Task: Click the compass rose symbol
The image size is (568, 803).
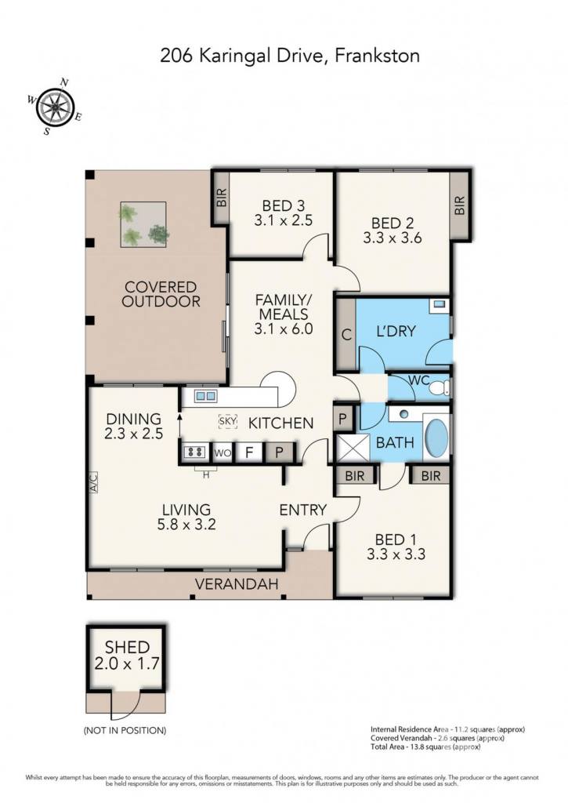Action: [x=54, y=107]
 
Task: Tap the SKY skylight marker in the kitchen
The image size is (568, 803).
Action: [x=228, y=421]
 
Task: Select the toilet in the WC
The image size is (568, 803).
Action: [x=440, y=387]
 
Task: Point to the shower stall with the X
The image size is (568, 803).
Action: [x=352, y=448]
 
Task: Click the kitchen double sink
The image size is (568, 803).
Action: [x=205, y=395]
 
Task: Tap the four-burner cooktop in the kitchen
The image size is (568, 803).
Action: [x=196, y=452]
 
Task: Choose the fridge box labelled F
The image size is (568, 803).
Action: [x=249, y=452]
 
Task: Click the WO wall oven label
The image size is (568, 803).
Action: [x=222, y=452]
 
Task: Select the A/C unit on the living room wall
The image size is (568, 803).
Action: [x=92, y=482]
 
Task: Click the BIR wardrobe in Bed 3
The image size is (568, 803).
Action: [x=221, y=197]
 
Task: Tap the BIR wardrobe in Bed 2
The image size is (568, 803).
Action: [x=460, y=205]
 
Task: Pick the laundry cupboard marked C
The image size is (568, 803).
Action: [x=346, y=334]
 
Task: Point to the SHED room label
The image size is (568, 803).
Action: [x=127, y=647]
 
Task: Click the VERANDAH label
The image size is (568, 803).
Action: [x=237, y=583]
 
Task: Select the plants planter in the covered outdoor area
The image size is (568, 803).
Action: [x=143, y=225]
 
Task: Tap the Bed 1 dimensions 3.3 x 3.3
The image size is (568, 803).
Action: [x=396, y=554]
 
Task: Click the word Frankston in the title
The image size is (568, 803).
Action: [x=377, y=55]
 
